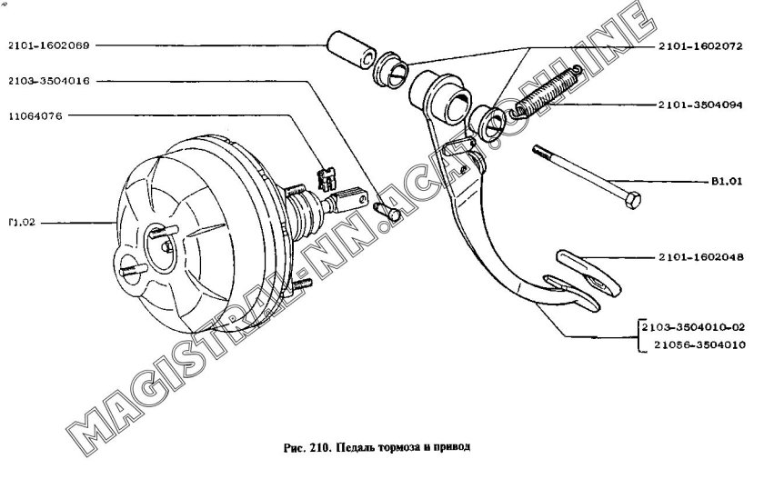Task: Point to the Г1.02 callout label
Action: pos(20,221)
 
